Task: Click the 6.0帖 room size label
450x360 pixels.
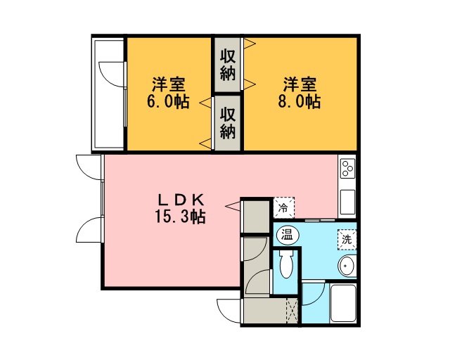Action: pyautogui.click(x=168, y=101)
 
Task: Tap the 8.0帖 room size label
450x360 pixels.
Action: pyautogui.click(x=300, y=101)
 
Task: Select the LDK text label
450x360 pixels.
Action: pyautogui.click(x=181, y=200)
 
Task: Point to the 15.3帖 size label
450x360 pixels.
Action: pyautogui.click(x=180, y=217)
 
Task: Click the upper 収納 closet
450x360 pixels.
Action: pyautogui.click(x=228, y=65)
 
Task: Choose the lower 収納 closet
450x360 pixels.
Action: pyautogui.click(x=228, y=123)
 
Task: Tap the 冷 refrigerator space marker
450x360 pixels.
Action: pyautogui.click(x=283, y=207)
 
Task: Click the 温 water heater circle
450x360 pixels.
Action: pyautogui.click(x=288, y=236)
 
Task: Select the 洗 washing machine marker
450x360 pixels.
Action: pyautogui.click(x=347, y=240)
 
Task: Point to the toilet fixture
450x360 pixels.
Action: pyautogui.click(x=285, y=264)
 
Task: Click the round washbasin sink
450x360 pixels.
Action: pyautogui.click(x=347, y=266)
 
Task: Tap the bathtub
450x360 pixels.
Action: pyautogui.click(x=343, y=303)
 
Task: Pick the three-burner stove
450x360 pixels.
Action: pyautogui.click(x=347, y=168)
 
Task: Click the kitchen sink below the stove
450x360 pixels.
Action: pyautogui.click(x=347, y=202)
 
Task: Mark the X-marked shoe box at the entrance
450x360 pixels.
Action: pyautogui.click(x=292, y=311)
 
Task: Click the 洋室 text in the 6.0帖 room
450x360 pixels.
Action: pyautogui.click(x=169, y=84)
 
